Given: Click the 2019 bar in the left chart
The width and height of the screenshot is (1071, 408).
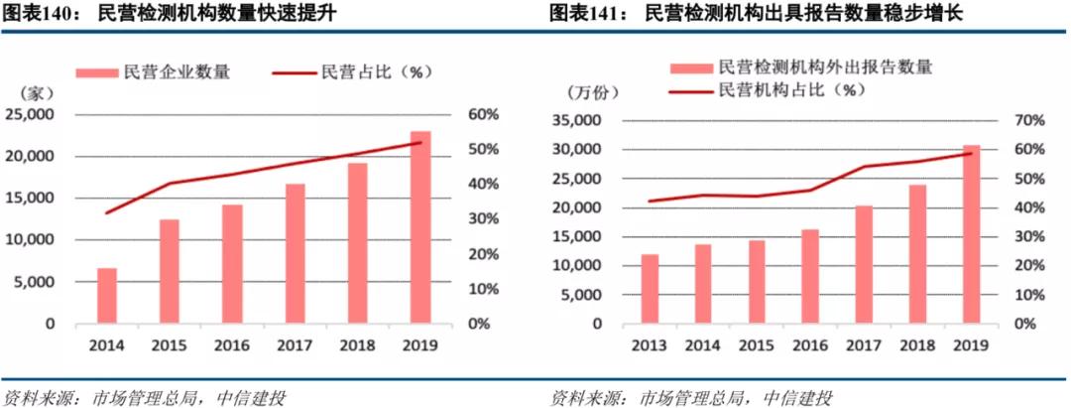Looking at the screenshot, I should [420, 227].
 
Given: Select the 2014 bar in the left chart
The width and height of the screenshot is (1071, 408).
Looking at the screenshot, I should [106, 296].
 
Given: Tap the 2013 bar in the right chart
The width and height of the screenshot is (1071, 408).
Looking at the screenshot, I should [650, 289].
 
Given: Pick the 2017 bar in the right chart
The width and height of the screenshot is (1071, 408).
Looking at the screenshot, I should [864, 265].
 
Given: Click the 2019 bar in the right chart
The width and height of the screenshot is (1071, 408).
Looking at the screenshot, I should [971, 234].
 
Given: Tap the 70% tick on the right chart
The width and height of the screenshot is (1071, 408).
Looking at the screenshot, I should [1023, 120].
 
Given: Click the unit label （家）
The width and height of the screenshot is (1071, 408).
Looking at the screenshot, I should [34, 93].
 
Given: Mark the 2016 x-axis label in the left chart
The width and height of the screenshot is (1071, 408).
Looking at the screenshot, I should [231, 346].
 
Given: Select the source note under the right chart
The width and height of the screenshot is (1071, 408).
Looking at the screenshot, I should [691, 396].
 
